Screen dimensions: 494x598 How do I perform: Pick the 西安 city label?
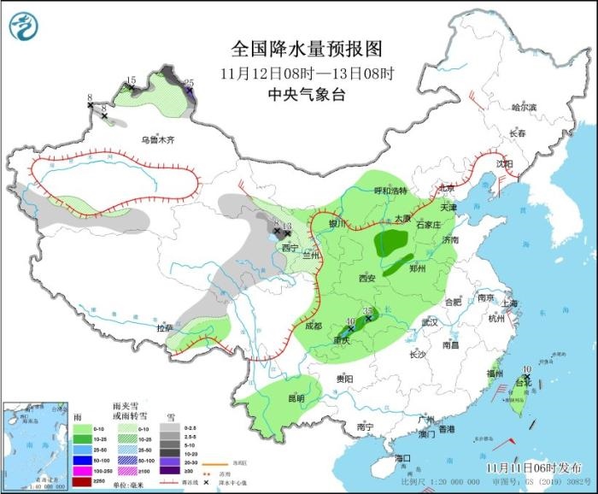366,279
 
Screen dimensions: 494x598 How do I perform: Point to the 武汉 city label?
429,322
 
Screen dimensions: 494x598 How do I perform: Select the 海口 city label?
403,459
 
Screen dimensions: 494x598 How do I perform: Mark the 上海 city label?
511,303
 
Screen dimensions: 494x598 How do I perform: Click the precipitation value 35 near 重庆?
369,311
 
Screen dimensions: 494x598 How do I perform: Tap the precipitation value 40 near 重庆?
349,322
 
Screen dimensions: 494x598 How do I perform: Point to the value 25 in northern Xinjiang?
189,83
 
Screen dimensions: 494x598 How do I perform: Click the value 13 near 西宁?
287,226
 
